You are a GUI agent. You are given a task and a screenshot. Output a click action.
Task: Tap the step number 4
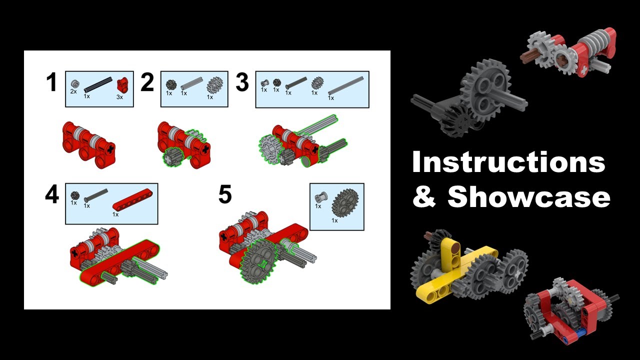click(51, 194)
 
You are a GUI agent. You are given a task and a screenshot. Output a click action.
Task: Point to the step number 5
click(225, 194)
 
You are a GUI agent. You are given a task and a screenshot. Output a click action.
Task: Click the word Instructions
click(508, 163)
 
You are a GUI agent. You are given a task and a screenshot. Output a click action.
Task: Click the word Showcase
click(529, 197)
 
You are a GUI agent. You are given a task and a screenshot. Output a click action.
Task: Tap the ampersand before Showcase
click(424, 197)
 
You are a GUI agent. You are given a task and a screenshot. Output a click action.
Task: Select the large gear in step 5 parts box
click(345, 203)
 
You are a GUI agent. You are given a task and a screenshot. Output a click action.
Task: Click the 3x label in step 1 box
click(119, 96)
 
